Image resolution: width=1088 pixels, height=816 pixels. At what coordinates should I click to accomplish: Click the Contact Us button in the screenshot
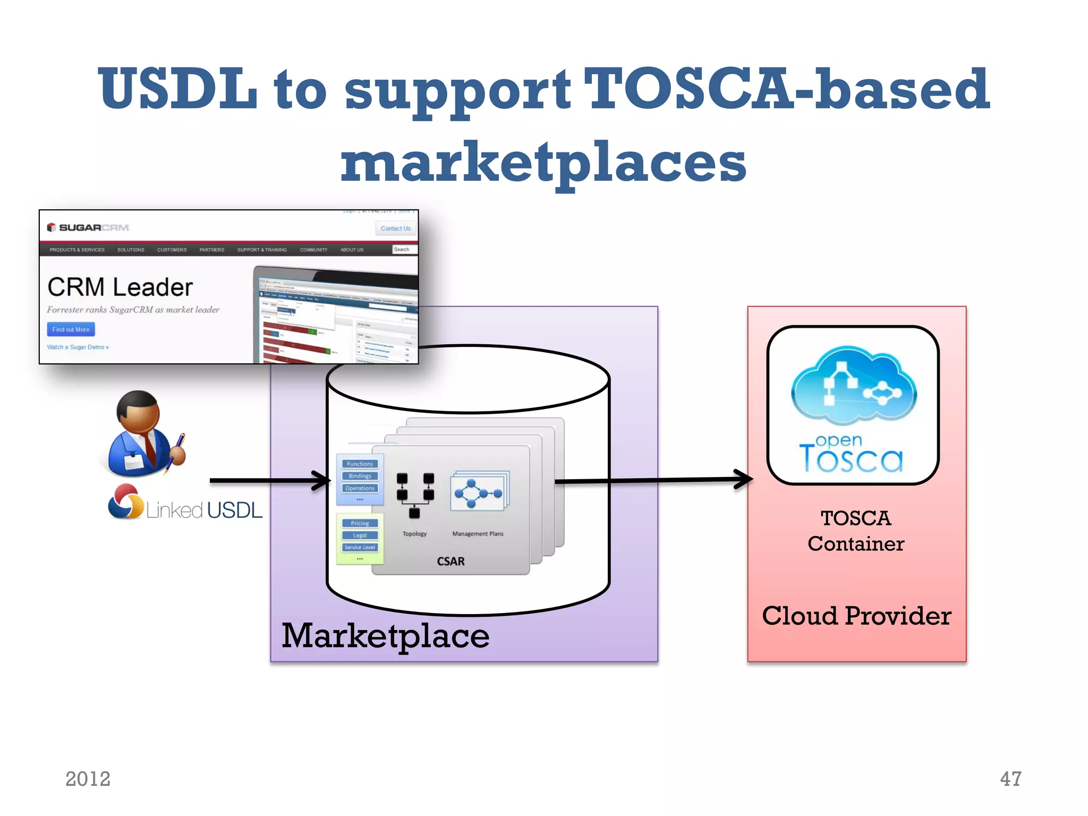coord(395,228)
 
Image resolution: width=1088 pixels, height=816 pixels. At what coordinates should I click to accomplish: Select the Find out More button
coord(71,329)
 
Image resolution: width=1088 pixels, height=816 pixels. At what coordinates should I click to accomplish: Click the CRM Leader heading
coord(120,287)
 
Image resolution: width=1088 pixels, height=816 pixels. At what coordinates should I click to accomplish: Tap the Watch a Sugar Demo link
coord(78,347)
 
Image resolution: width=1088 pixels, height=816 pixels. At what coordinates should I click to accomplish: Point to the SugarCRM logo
coord(88,227)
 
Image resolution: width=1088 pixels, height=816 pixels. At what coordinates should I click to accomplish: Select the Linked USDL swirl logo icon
coord(125,502)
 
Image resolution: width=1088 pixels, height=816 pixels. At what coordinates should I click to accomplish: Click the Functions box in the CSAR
coord(360,464)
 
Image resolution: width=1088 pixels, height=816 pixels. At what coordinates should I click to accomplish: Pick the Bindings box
coord(360,476)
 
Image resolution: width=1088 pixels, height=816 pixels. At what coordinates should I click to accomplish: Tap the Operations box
coord(360,488)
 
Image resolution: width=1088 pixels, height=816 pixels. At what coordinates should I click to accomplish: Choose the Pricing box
coord(360,523)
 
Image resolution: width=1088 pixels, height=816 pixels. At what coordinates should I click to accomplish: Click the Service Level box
coord(360,547)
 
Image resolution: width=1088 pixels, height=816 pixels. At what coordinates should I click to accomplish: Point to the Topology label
coord(414,534)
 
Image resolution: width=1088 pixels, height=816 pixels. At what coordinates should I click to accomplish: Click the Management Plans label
coord(478,534)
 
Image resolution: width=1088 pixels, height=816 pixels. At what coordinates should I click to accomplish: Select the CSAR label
coord(450,562)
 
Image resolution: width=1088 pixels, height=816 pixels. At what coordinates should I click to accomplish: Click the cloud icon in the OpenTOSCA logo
coord(853,385)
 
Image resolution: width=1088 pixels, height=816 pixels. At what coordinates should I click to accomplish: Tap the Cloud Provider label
coord(856,616)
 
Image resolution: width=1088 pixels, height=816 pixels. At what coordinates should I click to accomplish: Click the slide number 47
coord(1010,779)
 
